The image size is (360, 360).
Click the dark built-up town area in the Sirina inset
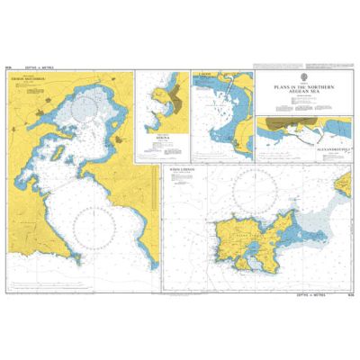click(x=171, y=99)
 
